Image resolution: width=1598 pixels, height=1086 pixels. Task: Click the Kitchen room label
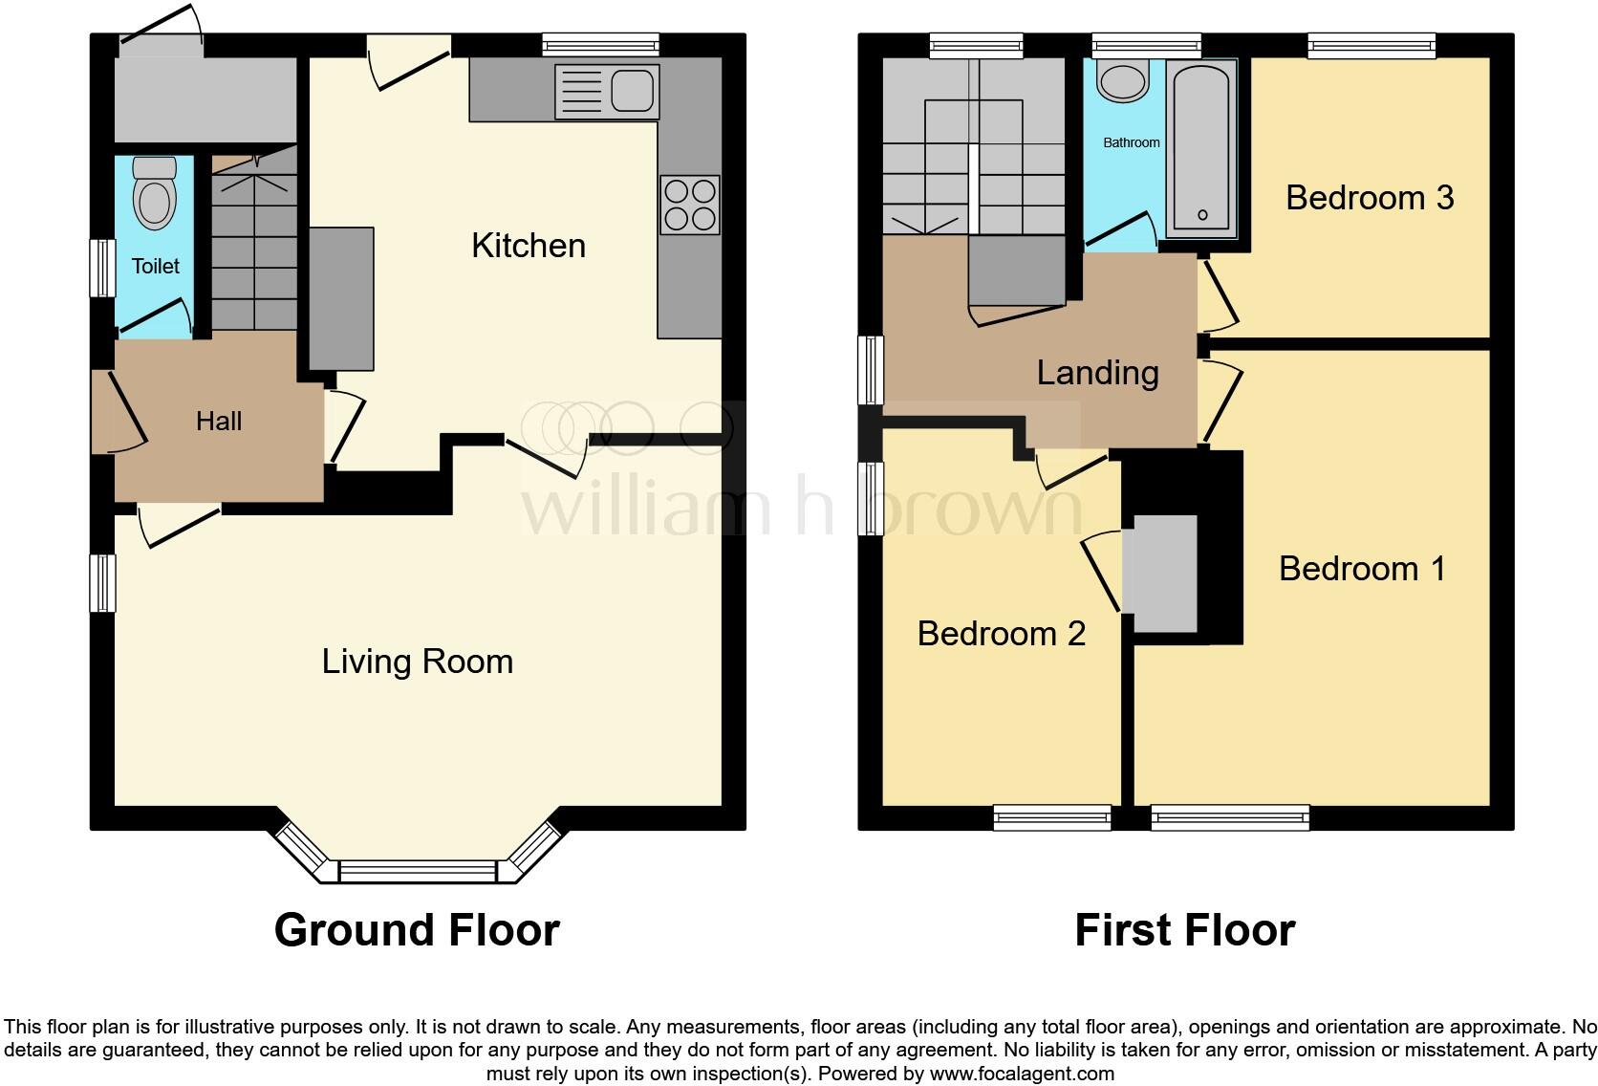tap(528, 246)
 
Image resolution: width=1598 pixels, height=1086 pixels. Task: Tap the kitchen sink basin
tap(631, 92)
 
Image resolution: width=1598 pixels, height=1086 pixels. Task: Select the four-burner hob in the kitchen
tap(690, 206)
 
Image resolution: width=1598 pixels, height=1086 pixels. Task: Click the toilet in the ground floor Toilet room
tap(155, 195)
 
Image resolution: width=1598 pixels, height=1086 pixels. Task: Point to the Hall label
tap(219, 421)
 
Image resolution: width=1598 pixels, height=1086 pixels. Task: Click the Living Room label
tap(417, 662)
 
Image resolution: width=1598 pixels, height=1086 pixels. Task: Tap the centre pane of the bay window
tap(418, 871)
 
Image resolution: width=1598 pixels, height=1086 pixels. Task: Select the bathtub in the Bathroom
tap(1201, 148)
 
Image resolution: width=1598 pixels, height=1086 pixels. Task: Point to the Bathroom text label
tap(1132, 142)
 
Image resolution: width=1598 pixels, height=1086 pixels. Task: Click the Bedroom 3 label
tap(1369, 198)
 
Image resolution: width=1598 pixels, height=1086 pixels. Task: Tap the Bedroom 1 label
tap(1362, 569)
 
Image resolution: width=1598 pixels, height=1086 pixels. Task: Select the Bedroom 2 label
tap(1001, 634)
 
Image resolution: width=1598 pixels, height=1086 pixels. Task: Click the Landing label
tap(1097, 373)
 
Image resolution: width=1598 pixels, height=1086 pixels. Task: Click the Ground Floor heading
tap(417, 930)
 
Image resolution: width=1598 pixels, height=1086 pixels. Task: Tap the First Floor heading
tap(1184, 930)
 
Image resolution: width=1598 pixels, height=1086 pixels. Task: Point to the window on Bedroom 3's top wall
tap(1371, 45)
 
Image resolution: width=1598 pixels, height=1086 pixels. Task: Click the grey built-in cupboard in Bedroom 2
tap(1160, 574)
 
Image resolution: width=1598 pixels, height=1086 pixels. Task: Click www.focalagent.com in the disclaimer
tap(1021, 1074)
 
